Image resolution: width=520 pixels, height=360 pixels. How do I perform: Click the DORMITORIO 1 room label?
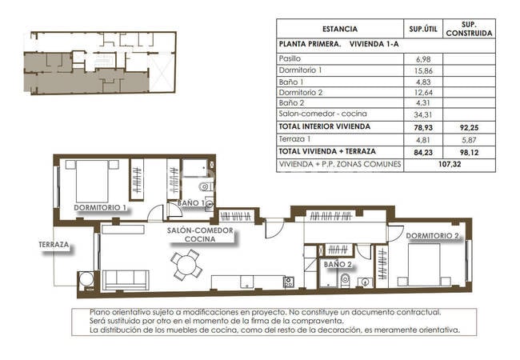tap(101, 207)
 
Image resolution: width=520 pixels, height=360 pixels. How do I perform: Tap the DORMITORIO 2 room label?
tap(433, 235)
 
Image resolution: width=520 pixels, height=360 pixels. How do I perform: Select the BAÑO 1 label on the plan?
tap(191, 203)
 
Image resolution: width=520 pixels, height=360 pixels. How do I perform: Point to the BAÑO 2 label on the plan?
tap(338, 263)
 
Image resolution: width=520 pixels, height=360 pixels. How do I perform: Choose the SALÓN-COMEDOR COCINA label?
tap(200, 234)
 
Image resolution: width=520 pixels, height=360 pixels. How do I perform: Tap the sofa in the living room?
tap(126, 279)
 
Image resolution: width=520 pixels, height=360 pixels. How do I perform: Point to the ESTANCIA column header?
tap(340, 29)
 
